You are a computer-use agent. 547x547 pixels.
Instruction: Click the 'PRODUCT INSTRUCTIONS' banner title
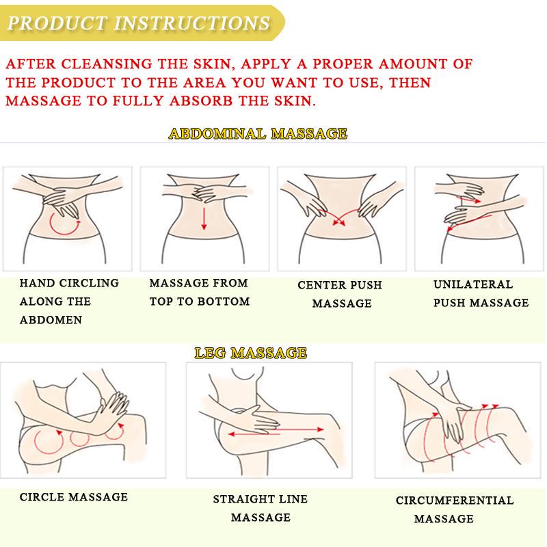139,23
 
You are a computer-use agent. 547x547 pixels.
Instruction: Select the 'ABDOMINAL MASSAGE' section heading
258,133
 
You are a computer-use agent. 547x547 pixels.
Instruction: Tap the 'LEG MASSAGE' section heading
251,353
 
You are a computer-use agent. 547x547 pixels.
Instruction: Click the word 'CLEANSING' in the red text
107,64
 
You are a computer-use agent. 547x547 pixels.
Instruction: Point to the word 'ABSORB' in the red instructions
201,101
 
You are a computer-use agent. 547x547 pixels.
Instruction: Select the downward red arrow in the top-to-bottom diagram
204,218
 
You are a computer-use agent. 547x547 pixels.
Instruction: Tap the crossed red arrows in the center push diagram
338,217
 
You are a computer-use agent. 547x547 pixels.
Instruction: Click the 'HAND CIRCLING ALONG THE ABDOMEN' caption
69,302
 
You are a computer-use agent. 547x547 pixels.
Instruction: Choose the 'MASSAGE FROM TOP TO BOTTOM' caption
200,292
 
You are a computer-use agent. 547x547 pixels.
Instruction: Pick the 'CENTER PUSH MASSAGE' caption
340,294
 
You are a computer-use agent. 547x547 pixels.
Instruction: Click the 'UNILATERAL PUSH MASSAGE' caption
481,293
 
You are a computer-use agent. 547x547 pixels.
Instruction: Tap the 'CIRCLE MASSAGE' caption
74,497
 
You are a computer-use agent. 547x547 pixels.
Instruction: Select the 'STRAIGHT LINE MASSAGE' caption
261,508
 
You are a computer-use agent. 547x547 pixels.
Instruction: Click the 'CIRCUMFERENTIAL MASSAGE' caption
455,509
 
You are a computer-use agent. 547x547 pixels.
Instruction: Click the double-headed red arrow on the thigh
276,432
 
